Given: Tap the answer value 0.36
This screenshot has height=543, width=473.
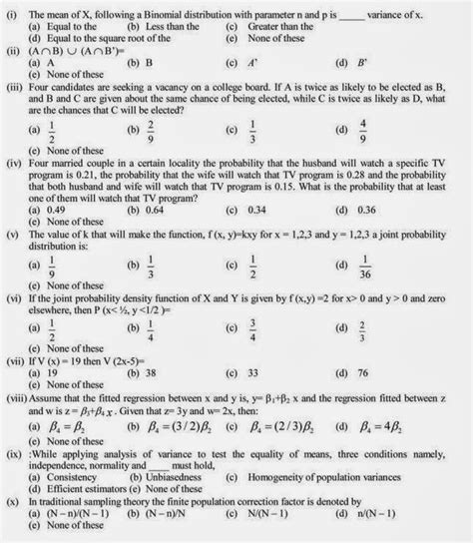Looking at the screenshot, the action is point(368,211).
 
